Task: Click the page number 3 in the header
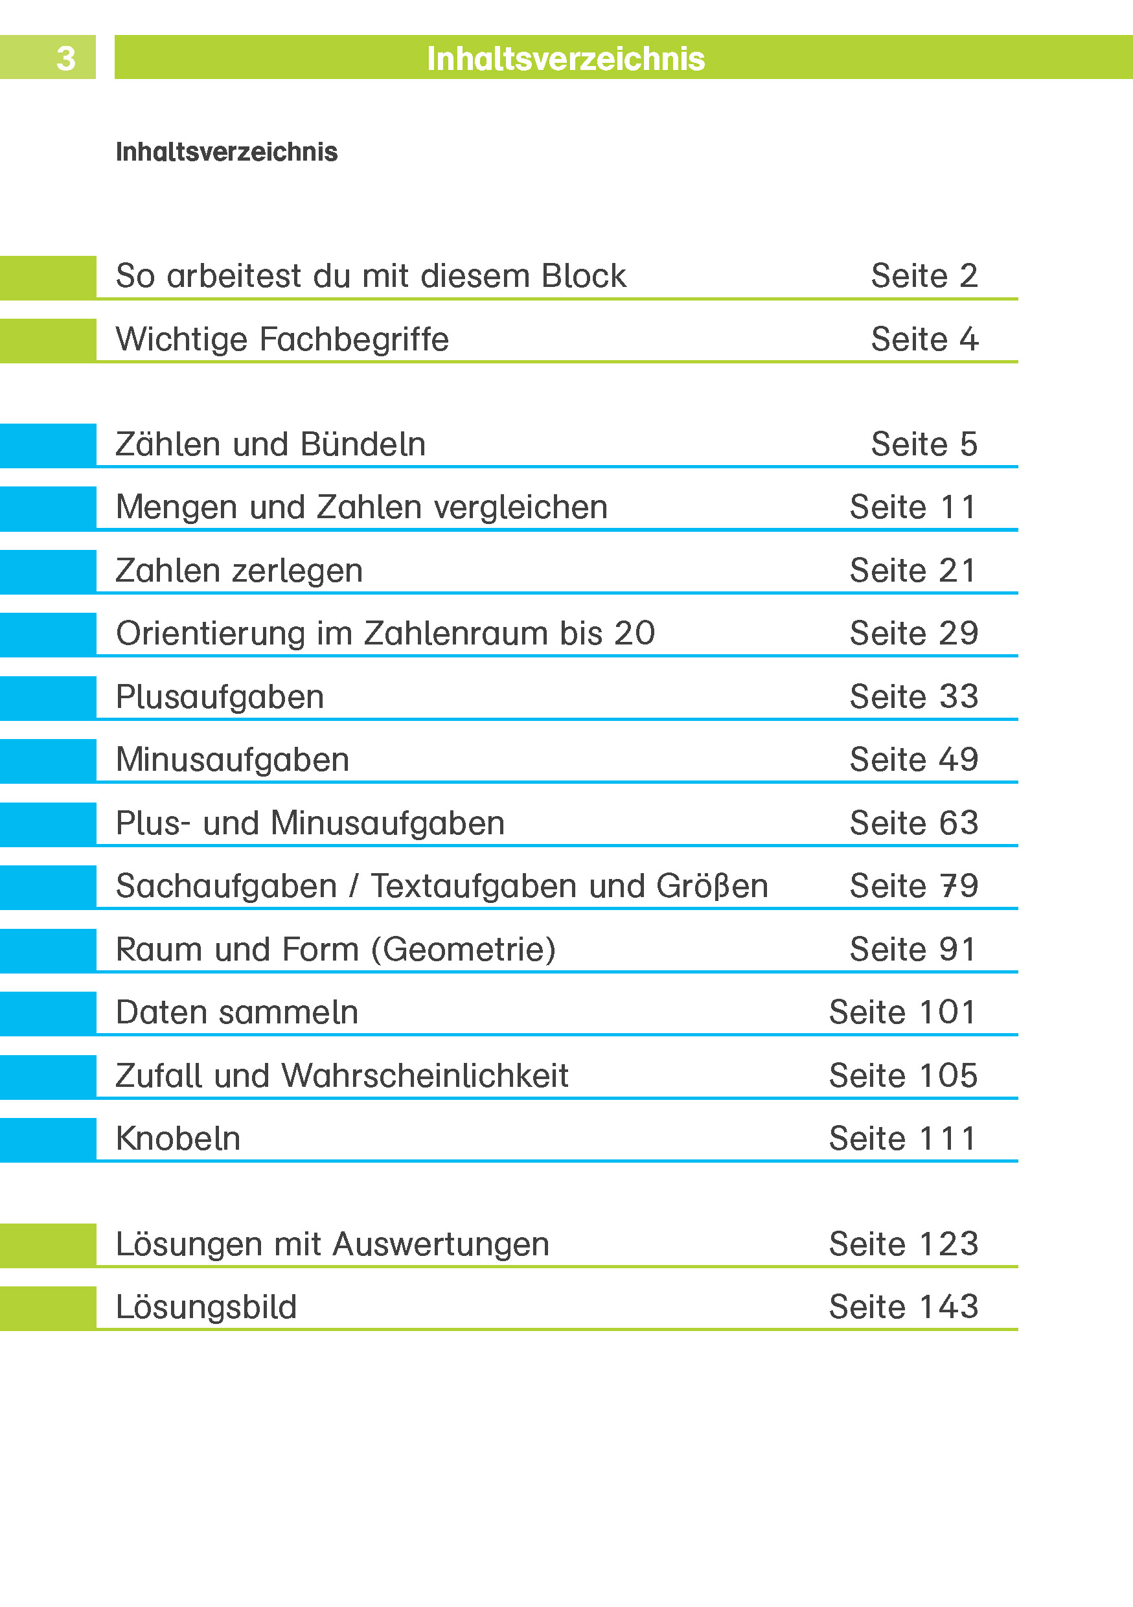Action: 66,59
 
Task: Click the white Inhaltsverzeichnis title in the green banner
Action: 566,59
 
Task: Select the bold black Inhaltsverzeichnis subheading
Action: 226,152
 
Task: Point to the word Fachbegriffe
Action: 354,340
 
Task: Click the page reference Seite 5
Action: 924,444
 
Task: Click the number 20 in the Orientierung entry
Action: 634,633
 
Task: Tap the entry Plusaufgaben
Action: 220,697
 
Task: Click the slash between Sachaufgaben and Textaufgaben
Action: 354,887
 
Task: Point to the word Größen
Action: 712,887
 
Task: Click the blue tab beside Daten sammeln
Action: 47,1013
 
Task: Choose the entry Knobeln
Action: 177,1139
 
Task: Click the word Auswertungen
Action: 441,1244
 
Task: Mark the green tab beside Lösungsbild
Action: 47,1308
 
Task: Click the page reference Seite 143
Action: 903,1308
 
